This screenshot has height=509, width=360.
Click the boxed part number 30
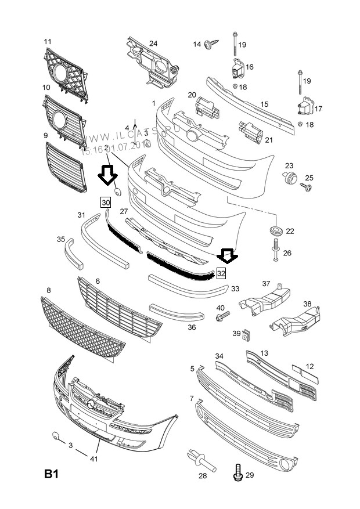105,203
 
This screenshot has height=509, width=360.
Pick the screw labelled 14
213,43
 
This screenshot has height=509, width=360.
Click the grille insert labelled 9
65,167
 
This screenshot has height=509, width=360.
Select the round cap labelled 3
55,436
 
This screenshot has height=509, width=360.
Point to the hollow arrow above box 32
227,255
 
